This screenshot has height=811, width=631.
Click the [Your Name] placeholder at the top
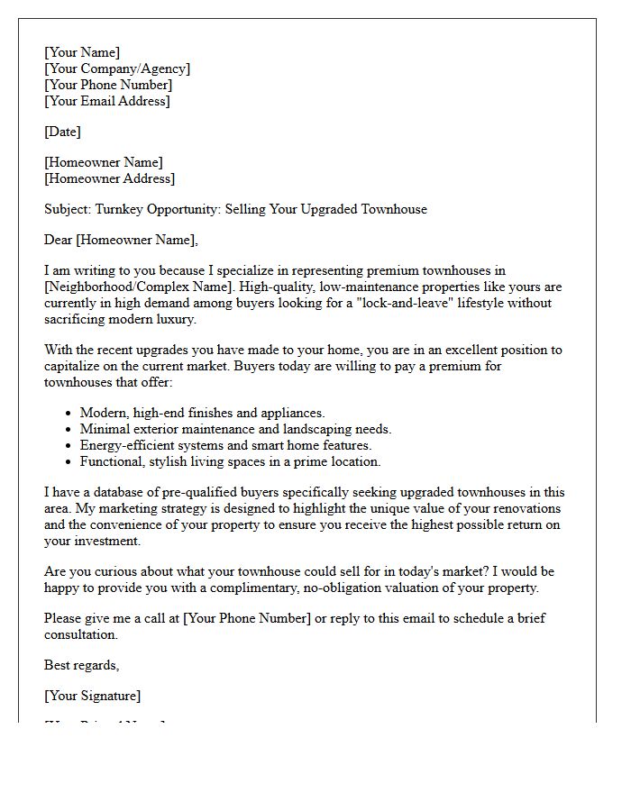(x=82, y=53)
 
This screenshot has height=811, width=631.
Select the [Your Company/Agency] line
(x=117, y=69)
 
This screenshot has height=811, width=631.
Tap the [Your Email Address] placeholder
(x=106, y=102)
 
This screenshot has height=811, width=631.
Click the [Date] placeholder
(x=62, y=132)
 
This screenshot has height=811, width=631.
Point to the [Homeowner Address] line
(x=109, y=179)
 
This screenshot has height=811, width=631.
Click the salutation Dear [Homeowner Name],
(x=121, y=241)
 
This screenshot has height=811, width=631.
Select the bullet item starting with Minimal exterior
(x=235, y=430)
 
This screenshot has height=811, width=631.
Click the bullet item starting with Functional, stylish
(x=230, y=462)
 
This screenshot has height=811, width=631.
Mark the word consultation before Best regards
(x=81, y=635)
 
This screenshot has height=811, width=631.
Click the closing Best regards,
(x=81, y=666)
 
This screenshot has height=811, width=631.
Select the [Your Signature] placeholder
(x=92, y=697)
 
